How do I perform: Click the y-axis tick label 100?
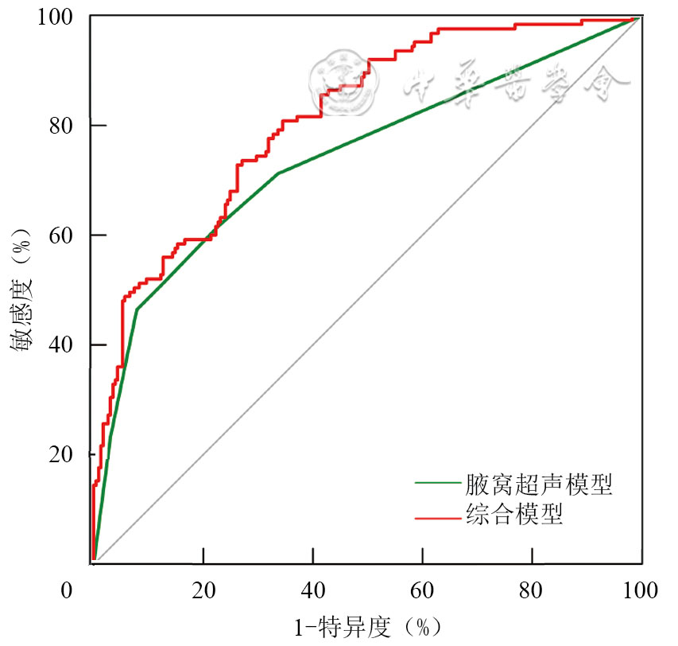pos(57,16)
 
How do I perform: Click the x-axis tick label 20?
pos(203,591)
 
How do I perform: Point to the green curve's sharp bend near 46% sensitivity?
pos(137,309)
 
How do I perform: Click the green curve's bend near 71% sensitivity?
pos(277,173)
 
